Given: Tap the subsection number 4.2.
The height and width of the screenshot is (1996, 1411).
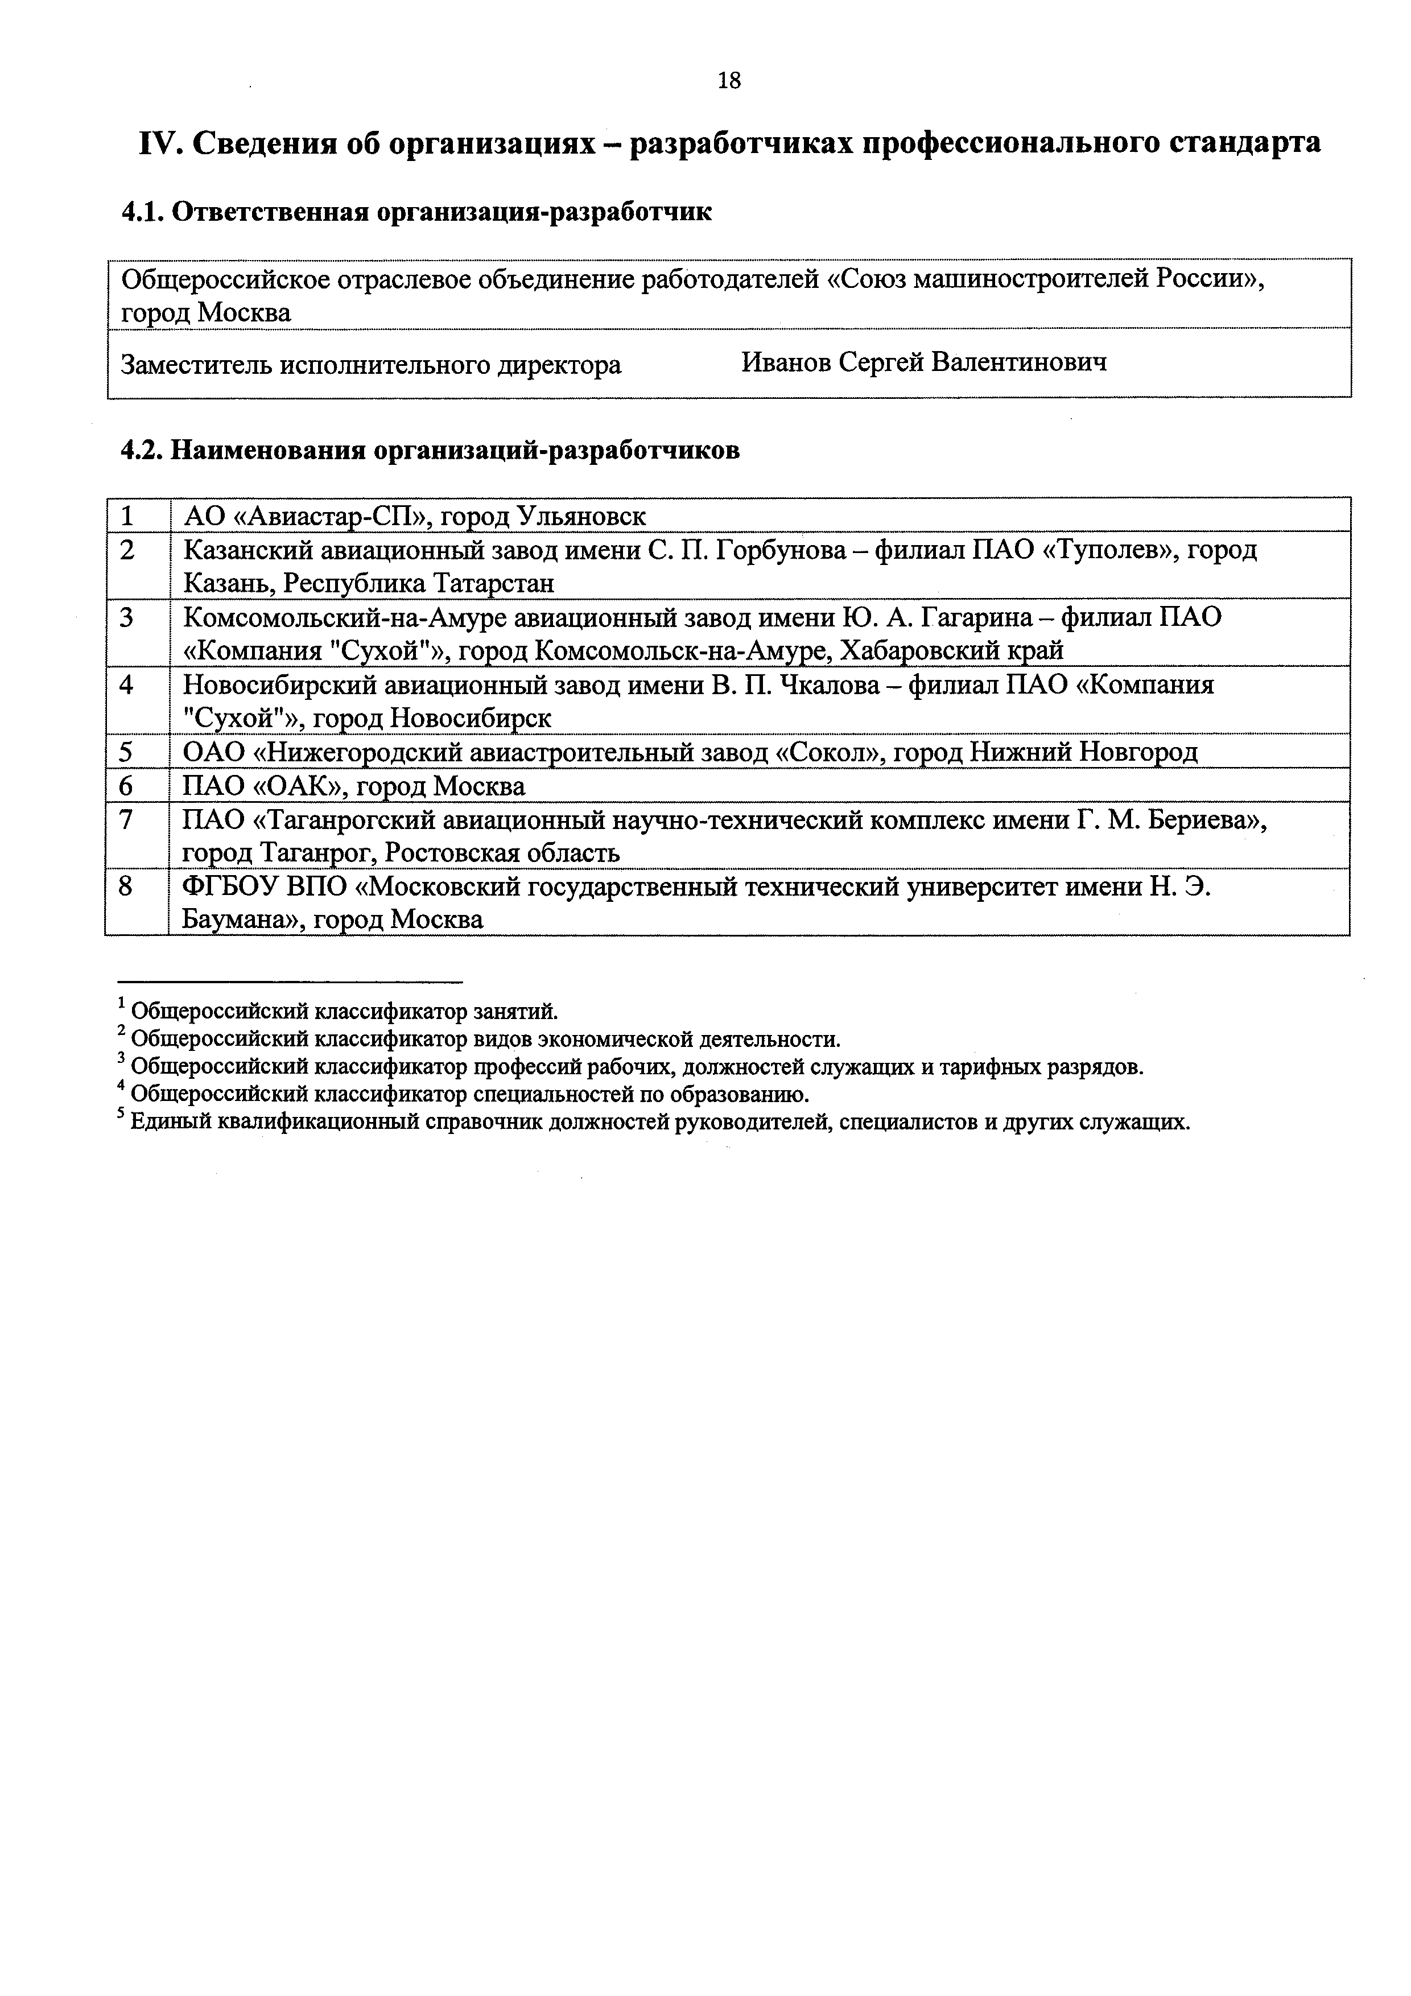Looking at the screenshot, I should pos(142,450).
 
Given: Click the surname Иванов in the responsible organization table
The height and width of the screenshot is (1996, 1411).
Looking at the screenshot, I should pos(785,362).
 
